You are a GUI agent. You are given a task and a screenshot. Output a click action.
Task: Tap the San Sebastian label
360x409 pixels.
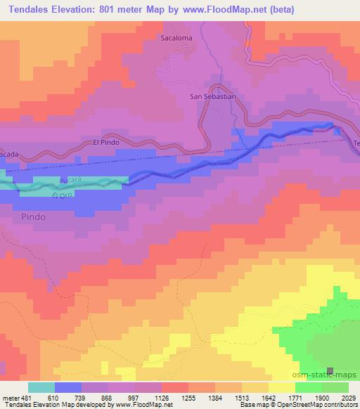click(x=212, y=97)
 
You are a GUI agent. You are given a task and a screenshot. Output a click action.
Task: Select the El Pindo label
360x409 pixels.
click(x=107, y=143)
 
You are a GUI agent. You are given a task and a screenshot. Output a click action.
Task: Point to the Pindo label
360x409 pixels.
click(x=33, y=217)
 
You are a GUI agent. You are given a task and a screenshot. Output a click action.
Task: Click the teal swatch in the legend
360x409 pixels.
click(x=41, y=387)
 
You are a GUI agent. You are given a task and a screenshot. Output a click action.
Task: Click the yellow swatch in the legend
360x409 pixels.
click(x=281, y=387)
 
